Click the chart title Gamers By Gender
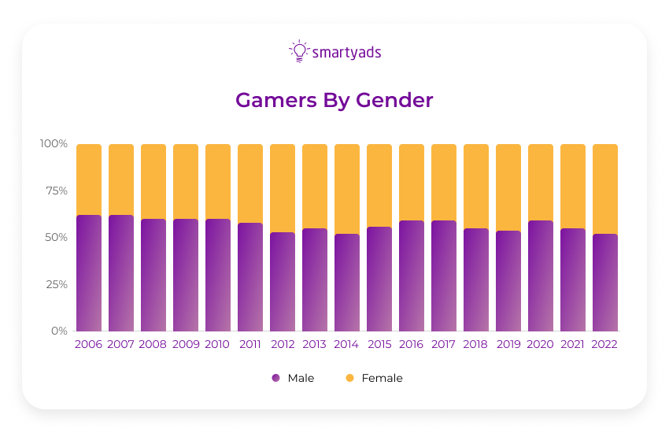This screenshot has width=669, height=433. [x=334, y=101]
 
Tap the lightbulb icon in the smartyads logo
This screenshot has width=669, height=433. [x=298, y=51]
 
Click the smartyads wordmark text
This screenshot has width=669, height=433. [x=347, y=53]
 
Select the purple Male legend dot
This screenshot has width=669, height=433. [x=275, y=379]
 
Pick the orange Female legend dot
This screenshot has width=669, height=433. [x=349, y=379]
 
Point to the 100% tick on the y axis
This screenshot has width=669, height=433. [x=54, y=144]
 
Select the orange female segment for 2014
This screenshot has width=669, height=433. [x=347, y=189]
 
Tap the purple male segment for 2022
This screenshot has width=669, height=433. [x=605, y=283]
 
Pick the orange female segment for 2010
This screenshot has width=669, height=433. [x=218, y=181]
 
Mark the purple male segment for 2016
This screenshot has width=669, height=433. [x=412, y=276]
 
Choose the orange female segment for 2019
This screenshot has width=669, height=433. [x=508, y=187]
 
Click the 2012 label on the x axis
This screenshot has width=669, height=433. [x=283, y=345]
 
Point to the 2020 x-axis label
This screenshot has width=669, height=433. [x=541, y=345]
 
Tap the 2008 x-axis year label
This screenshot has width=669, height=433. [x=153, y=345]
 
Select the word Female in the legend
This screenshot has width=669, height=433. [x=382, y=379]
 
